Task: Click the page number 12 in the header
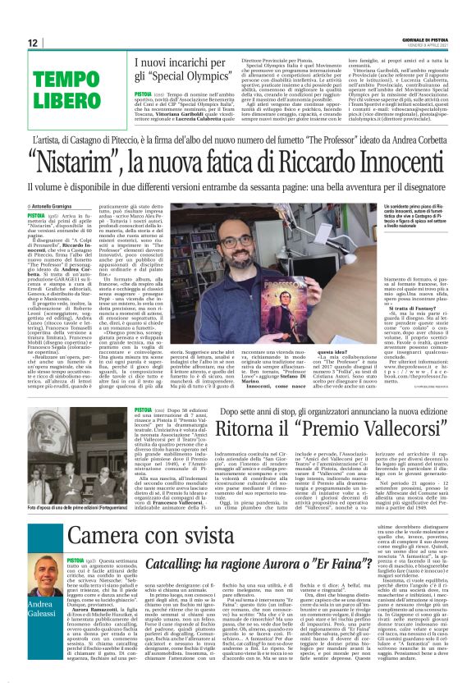click(x=32, y=42)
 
